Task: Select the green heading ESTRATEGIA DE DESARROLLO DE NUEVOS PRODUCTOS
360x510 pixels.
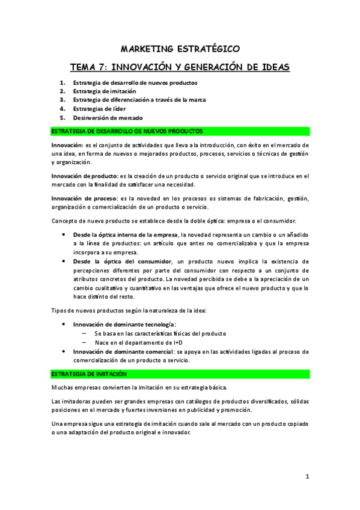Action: point(127,131)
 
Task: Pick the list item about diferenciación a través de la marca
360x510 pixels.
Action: point(139,100)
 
